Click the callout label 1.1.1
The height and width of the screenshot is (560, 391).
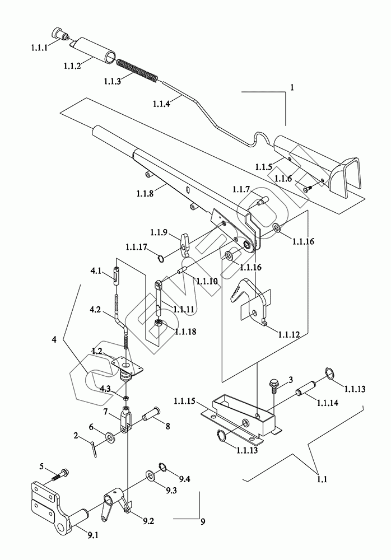(39, 48)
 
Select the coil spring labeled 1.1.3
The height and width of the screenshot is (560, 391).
(137, 70)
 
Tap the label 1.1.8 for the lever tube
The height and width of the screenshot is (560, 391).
(145, 193)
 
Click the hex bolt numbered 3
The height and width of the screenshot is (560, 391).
(274, 387)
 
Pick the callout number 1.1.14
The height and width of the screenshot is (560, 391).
(327, 403)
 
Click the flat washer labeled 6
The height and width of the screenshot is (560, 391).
(109, 437)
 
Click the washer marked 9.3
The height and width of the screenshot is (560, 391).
(151, 475)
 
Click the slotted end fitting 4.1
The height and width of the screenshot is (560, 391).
(117, 276)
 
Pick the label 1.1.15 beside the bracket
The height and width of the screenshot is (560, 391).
(184, 401)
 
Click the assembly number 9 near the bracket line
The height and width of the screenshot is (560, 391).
(203, 522)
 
